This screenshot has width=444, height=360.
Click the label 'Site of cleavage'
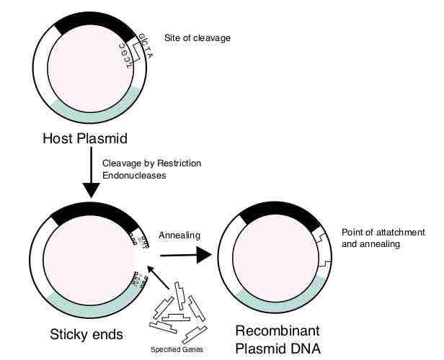pos(197,37)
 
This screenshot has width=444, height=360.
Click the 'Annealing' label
pos(179,235)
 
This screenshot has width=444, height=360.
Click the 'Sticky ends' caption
pos(86,334)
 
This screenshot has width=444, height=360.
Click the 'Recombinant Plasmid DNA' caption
pos(277,341)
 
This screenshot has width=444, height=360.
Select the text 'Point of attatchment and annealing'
pos(383,238)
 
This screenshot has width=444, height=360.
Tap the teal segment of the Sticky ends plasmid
pos(86,302)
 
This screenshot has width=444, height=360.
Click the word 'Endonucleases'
pos(134,175)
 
